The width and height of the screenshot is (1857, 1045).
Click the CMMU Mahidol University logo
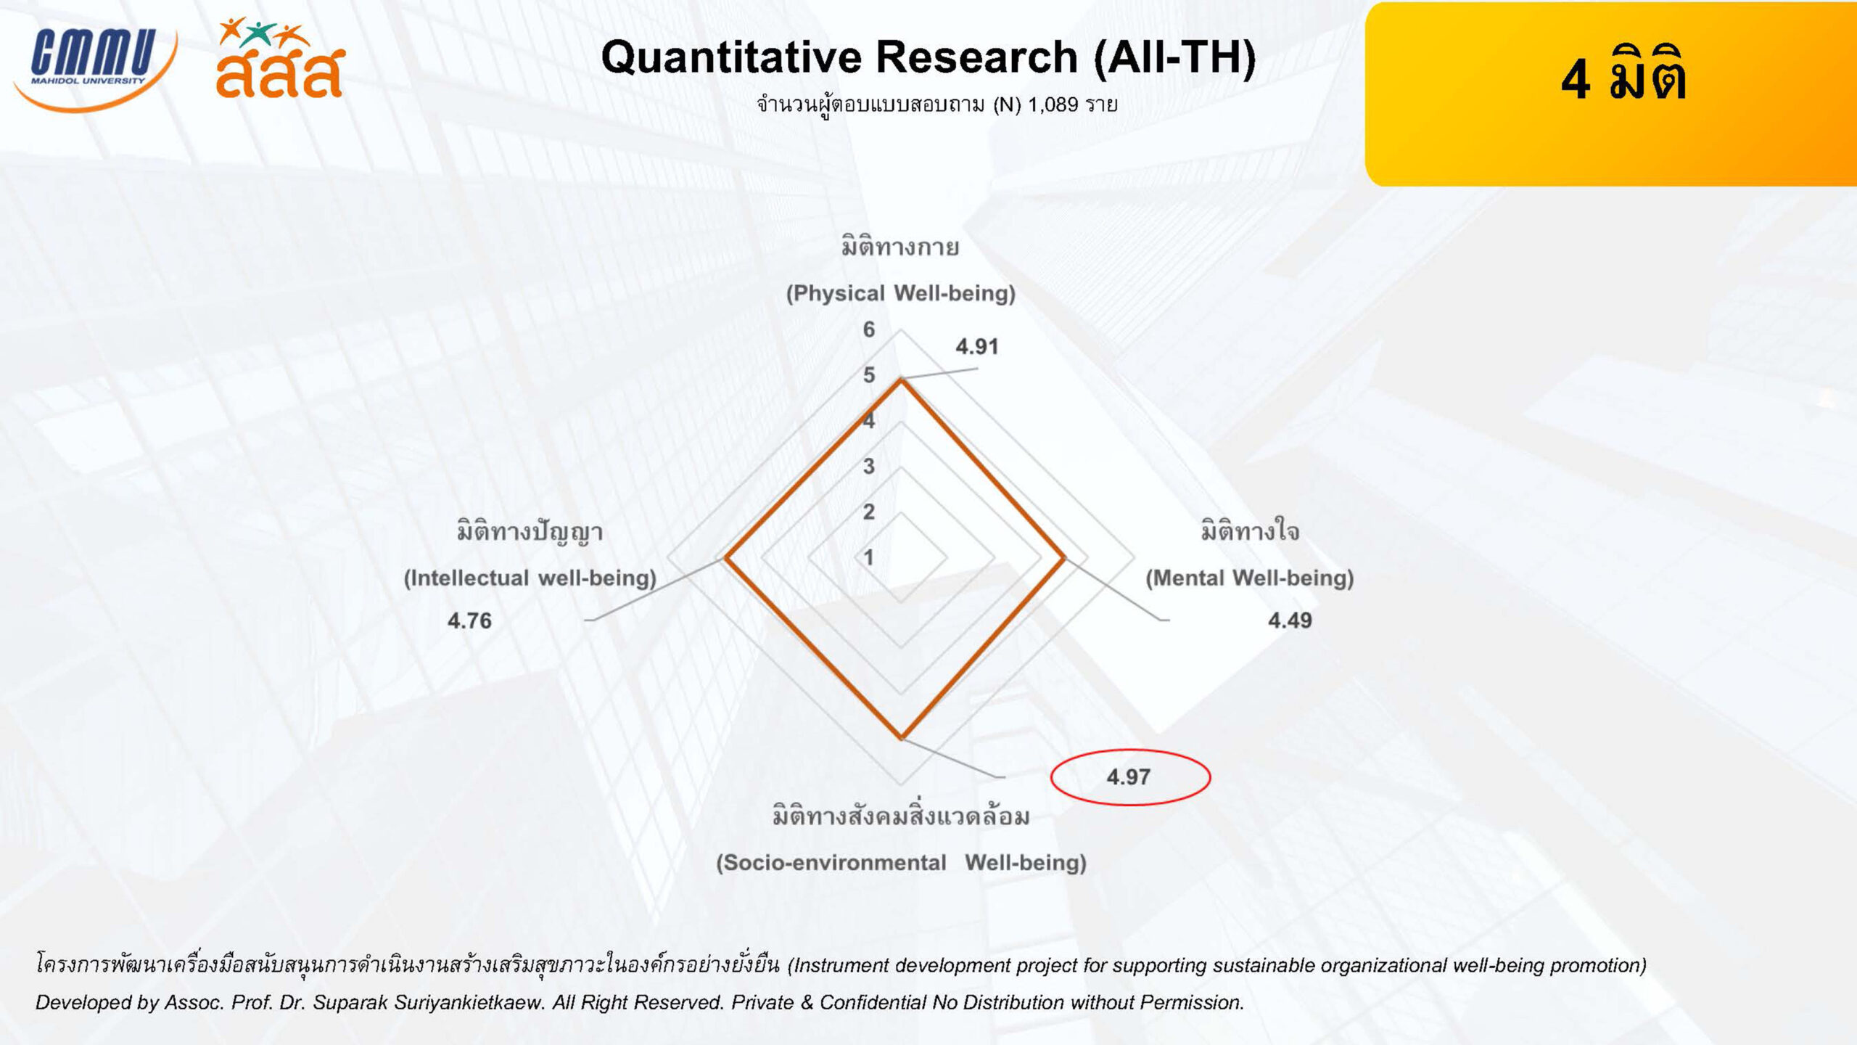(x=94, y=68)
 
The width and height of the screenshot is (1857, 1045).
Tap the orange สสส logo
(x=280, y=58)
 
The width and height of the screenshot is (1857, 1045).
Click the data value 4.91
(x=977, y=347)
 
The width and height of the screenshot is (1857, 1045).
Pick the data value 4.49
(x=1290, y=620)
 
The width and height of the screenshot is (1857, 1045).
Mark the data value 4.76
(x=469, y=620)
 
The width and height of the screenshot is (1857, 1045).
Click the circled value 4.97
(x=1129, y=777)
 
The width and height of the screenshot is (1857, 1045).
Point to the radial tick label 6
(x=869, y=329)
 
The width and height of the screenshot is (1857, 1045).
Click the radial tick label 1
(x=869, y=557)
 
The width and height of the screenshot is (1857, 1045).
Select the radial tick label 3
(x=869, y=466)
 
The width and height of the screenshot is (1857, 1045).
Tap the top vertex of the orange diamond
(x=901, y=380)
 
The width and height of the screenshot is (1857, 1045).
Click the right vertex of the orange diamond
(x=1064, y=558)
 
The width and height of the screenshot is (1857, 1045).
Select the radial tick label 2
(x=869, y=512)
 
